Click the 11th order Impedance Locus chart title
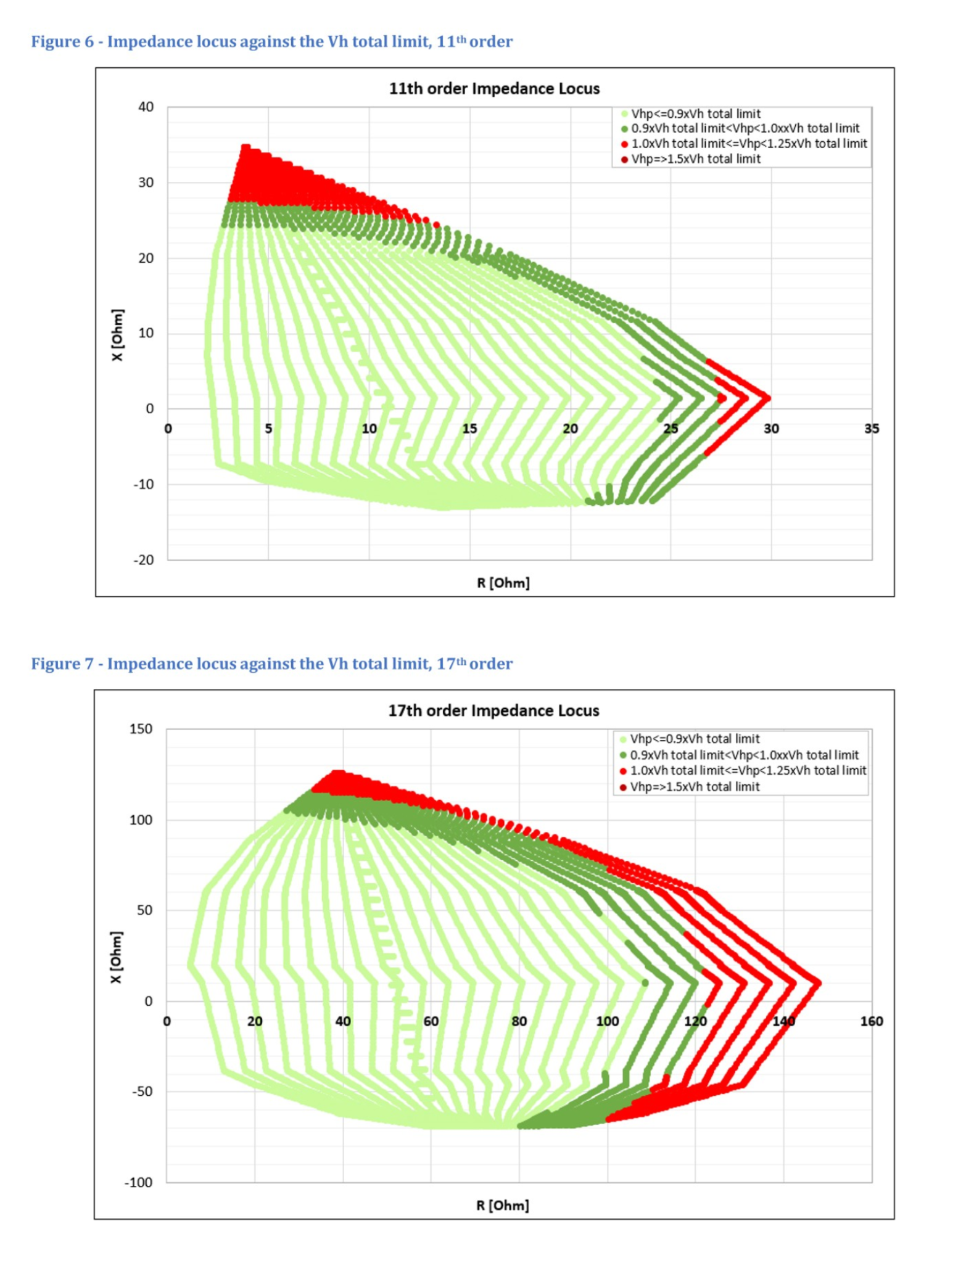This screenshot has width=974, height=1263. tap(493, 89)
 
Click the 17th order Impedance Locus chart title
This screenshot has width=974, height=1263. tap(493, 710)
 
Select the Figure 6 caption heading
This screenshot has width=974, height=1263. tap(271, 42)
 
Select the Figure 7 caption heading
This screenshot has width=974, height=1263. tap(271, 664)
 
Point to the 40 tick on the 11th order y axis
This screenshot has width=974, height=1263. tap(146, 107)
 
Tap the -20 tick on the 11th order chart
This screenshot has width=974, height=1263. tap(143, 560)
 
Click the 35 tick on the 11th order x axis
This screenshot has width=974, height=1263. tap(871, 429)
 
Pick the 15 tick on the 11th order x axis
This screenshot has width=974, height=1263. tap(469, 429)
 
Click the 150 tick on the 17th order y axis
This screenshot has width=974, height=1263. tap(141, 729)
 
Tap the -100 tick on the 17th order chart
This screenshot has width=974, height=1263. tap(138, 1182)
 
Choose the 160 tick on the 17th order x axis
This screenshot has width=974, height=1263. tap(871, 1021)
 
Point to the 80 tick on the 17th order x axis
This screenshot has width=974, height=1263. tap(519, 1021)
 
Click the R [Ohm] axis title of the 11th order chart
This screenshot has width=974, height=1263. tap(503, 583)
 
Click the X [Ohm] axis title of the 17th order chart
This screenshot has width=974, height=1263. tap(117, 957)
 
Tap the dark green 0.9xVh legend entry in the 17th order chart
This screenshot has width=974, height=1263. tap(743, 755)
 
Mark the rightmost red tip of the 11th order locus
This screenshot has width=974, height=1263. tap(768, 398)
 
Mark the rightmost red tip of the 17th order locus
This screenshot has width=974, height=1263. tap(818, 982)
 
